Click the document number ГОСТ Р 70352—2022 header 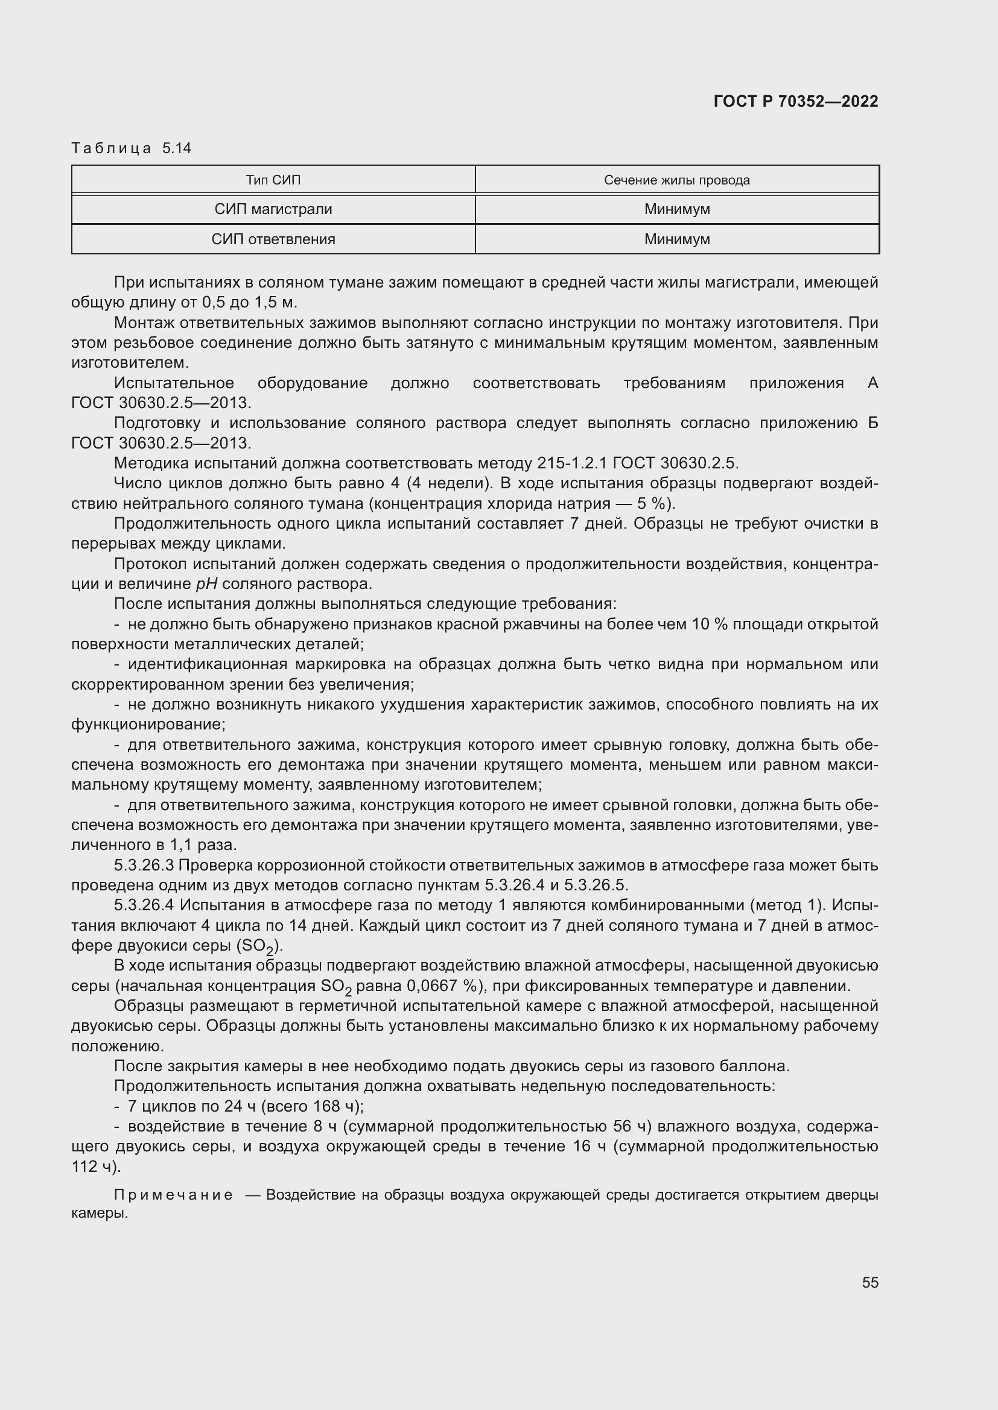point(796,101)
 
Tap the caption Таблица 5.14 point(132,148)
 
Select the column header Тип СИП point(273,180)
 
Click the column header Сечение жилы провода point(676,180)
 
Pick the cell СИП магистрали point(273,209)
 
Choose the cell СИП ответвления point(273,239)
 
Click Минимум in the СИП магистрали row point(676,209)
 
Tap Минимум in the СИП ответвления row point(676,239)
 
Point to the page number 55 point(869,1282)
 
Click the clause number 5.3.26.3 point(144,865)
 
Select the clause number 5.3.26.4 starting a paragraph point(144,905)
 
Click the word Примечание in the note point(173,1194)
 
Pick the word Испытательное point(174,383)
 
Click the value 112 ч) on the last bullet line point(96,1166)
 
